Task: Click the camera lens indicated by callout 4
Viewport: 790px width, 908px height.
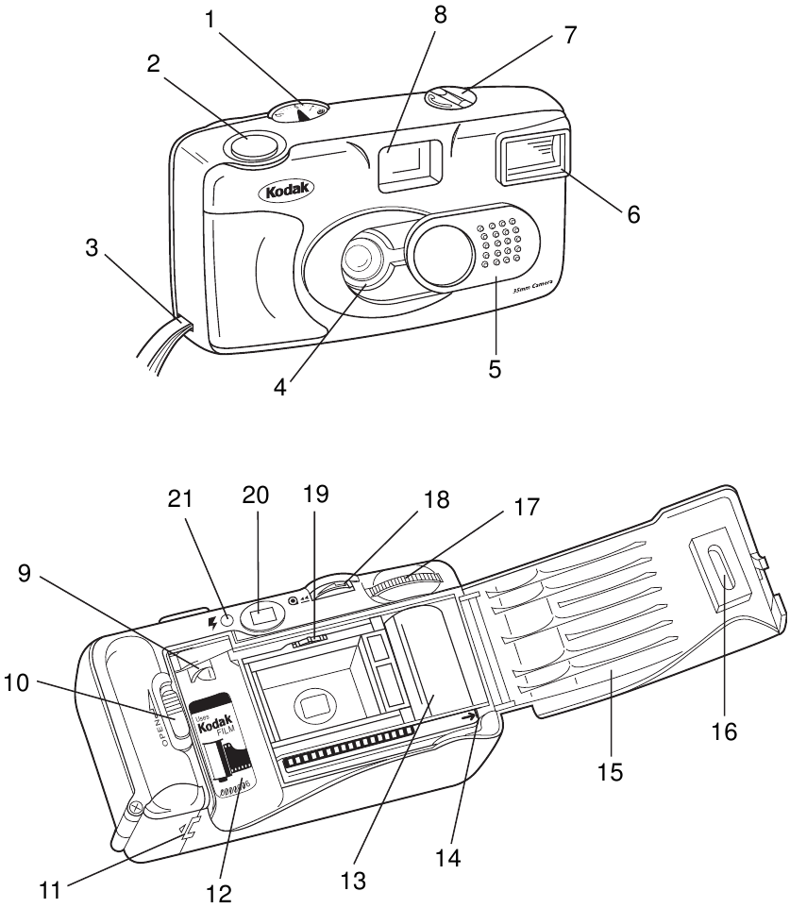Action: tap(362, 260)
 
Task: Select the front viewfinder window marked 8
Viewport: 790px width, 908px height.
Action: tap(409, 162)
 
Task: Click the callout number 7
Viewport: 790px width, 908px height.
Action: tap(569, 35)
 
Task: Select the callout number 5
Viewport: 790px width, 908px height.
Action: tap(495, 368)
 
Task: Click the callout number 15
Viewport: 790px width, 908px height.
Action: tap(610, 771)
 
